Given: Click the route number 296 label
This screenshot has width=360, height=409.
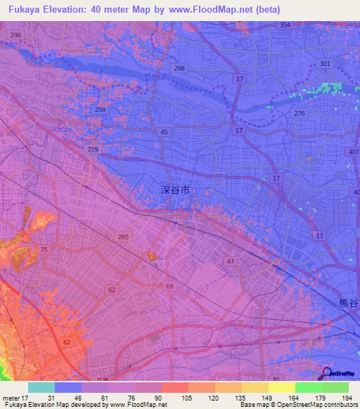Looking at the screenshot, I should pos(16,35).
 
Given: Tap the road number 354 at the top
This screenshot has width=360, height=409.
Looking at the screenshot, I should pos(285,25).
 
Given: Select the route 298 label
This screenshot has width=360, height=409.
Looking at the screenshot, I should pos(179,68).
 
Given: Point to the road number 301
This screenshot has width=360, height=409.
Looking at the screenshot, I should pos(324,64).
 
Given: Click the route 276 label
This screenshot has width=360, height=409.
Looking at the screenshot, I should pos(300,114).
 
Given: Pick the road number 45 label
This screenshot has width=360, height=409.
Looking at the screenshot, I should pos(164,132).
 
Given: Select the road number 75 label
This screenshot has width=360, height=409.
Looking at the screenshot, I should pos(44,250).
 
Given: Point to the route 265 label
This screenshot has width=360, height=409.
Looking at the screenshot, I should pos(124,238).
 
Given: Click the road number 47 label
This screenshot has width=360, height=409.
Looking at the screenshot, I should pos(229,261).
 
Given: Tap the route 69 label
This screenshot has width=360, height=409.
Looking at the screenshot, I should pos(169,287).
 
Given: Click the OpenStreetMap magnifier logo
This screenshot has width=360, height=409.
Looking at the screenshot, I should pos(327,373).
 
